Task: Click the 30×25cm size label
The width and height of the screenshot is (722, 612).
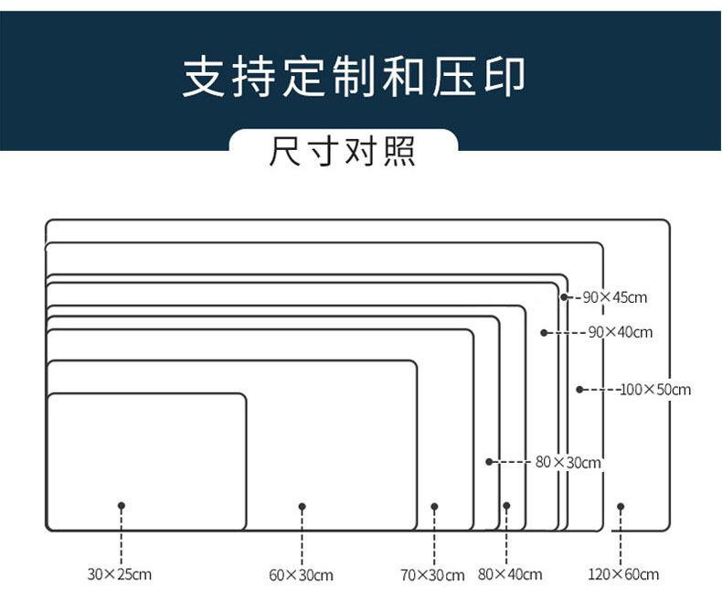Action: pyautogui.click(x=119, y=574)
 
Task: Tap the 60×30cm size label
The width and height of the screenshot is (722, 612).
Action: pyautogui.click(x=302, y=575)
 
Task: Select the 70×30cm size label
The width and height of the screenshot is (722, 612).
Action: pyautogui.click(x=432, y=575)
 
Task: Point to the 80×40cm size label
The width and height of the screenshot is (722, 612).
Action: pyautogui.click(x=510, y=574)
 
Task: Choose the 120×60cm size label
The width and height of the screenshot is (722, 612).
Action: pyautogui.click(x=623, y=574)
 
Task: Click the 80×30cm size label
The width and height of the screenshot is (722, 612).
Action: pyautogui.click(x=568, y=462)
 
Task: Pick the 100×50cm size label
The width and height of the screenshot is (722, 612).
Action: pyautogui.click(x=655, y=390)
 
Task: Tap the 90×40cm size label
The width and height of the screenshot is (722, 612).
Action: pyautogui.click(x=621, y=332)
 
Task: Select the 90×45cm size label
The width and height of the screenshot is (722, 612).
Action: pyautogui.click(x=615, y=297)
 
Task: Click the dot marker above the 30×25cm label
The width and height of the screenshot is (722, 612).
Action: pyautogui.click(x=122, y=506)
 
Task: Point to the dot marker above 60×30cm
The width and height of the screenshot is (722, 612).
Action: pyautogui.click(x=303, y=507)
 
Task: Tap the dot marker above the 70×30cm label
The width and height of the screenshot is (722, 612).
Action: pyautogui.click(x=434, y=507)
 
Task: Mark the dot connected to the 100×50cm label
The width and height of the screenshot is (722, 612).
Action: pyautogui.click(x=579, y=390)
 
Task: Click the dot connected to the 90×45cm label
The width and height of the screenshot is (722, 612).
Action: pyautogui.click(x=564, y=297)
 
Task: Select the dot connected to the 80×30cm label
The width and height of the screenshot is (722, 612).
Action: pyautogui.click(x=489, y=461)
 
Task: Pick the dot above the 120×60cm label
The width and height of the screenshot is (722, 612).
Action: pyautogui.click(x=621, y=507)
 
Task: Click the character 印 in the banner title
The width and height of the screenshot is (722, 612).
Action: pyautogui.click(x=504, y=77)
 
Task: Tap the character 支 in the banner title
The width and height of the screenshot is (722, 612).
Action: pyautogui.click(x=204, y=77)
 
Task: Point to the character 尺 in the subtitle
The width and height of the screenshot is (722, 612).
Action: pyautogui.click(x=285, y=151)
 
